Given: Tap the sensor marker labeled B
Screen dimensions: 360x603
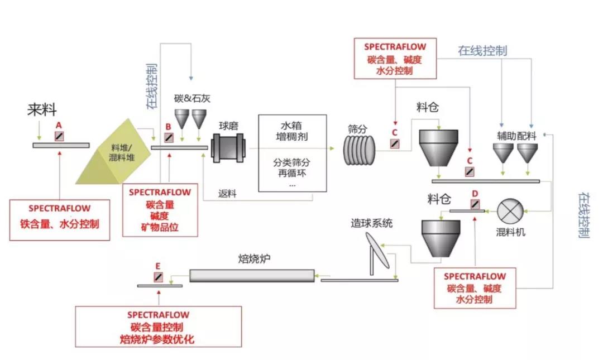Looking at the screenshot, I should [x=169, y=137].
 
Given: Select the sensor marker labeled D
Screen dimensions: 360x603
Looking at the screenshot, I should [x=474, y=205].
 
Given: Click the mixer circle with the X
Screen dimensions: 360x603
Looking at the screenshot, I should [x=509, y=212].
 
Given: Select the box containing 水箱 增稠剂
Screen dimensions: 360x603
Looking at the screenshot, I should [x=291, y=152].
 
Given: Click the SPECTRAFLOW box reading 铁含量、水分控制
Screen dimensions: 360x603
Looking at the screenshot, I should [x=60, y=219].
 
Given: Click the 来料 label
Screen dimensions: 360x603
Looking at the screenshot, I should [x=42, y=110].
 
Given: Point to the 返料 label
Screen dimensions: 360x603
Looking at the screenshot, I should [x=228, y=194].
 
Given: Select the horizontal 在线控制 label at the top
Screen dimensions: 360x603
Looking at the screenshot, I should [x=482, y=51].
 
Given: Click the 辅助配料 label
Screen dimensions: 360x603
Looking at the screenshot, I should [x=516, y=135].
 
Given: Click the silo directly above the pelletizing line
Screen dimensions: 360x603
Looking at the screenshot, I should [x=441, y=238].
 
